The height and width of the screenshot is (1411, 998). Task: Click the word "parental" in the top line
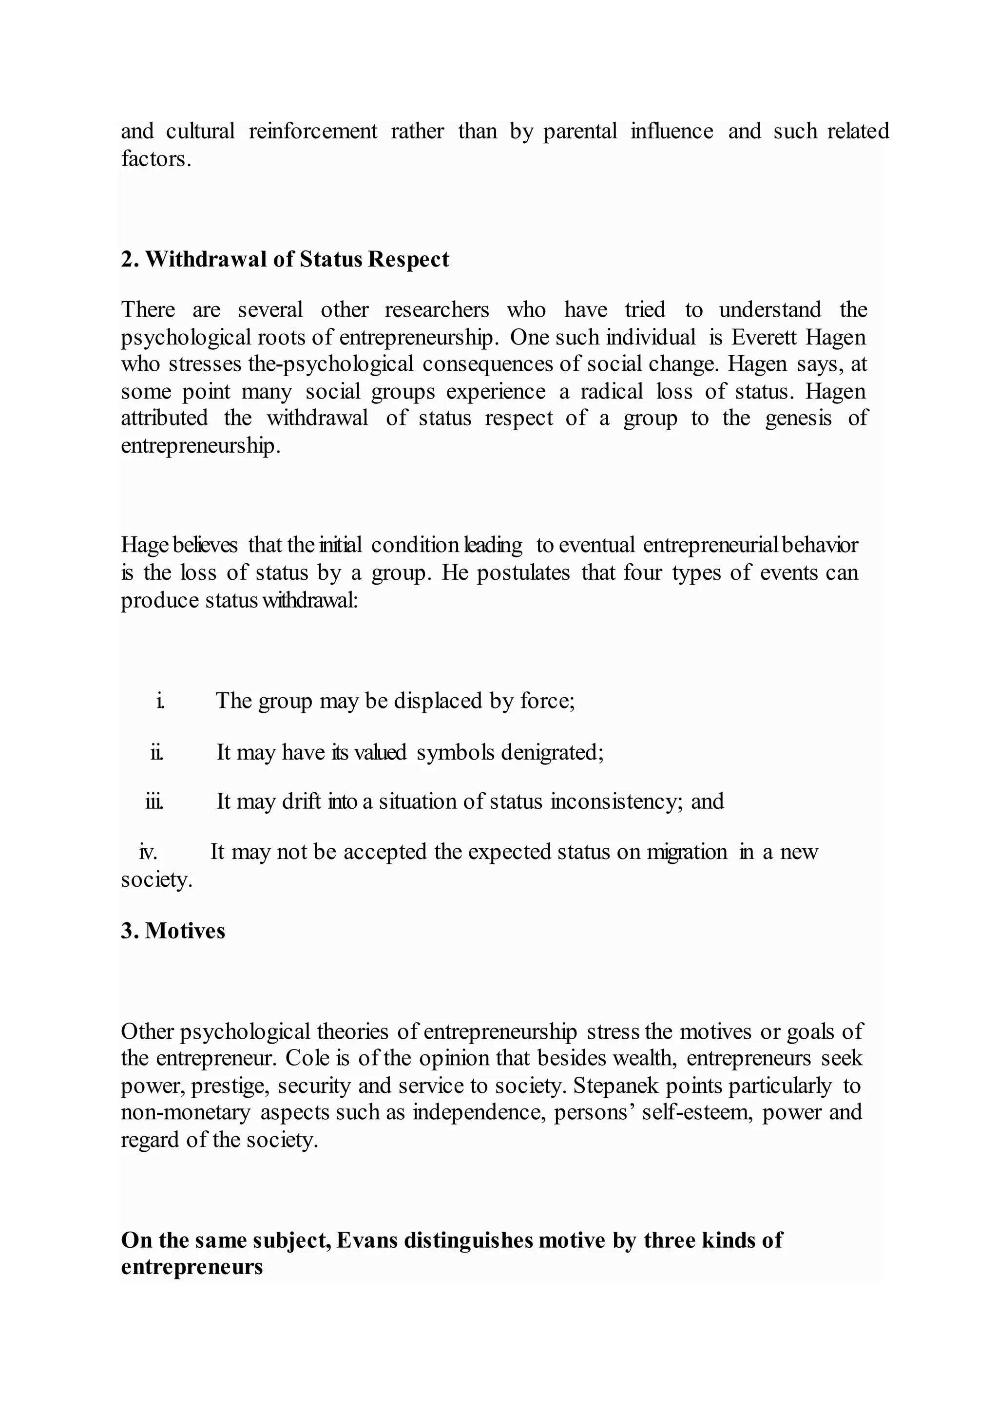[580, 131]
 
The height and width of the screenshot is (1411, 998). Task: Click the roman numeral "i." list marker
[160, 701]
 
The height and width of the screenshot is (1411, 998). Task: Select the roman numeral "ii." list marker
[157, 752]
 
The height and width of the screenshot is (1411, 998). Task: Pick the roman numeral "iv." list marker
[148, 852]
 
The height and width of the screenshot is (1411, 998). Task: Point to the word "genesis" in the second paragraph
[798, 419]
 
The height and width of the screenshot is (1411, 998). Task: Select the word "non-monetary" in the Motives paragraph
[186, 1112]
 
